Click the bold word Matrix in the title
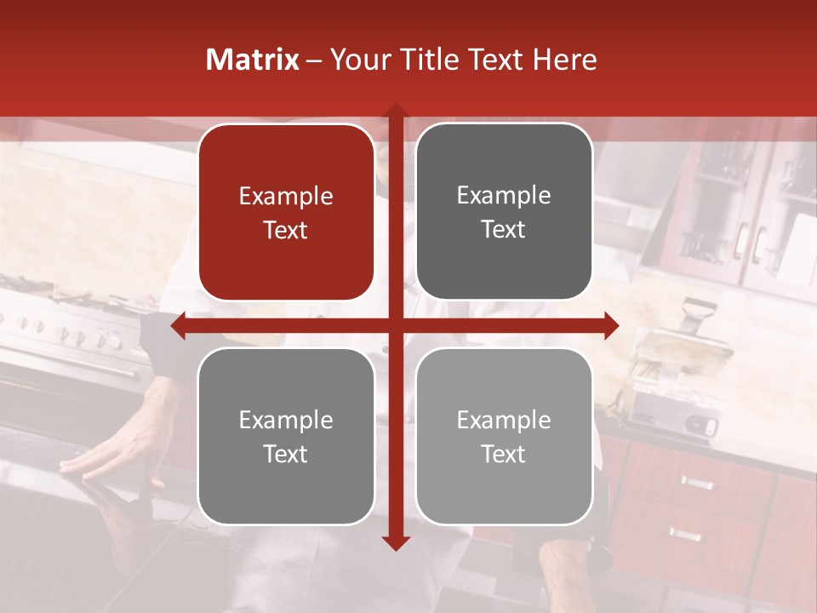[253, 60]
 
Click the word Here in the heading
[564, 60]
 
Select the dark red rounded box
[286, 212]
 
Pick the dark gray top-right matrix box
[504, 212]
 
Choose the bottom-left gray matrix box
[286, 436]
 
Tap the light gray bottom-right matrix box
[504, 436]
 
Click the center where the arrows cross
[395, 325]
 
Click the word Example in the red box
[286, 196]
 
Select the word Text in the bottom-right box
[504, 454]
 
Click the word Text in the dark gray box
[504, 229]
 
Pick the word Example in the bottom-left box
[286, 420]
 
